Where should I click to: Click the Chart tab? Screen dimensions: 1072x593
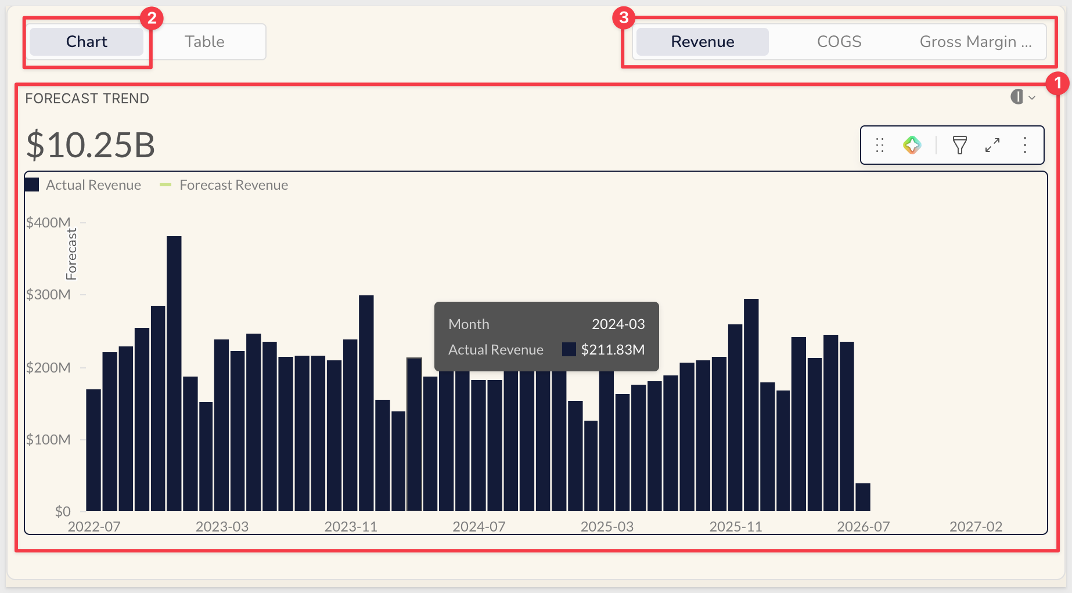(87, 42)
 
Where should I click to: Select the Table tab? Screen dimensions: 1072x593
(204, 42)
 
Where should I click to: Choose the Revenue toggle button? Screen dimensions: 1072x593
(703, 42)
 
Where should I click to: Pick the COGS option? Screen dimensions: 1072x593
(839, 42)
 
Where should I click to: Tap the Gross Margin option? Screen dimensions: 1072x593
(976, 42)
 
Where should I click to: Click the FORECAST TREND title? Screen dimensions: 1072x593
(87, 99)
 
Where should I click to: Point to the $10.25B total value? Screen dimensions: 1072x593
(91, 144)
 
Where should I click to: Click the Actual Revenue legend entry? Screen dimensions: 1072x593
(83, 185)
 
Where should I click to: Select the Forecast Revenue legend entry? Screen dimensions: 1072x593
(224, 185)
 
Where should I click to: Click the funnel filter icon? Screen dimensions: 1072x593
(960, 145)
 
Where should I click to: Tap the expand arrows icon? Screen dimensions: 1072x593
(992, 145)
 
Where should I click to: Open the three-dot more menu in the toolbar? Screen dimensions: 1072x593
(1025, 145)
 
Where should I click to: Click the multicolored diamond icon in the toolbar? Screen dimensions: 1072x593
(912, 145)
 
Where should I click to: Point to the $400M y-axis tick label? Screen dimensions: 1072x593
(48, 222)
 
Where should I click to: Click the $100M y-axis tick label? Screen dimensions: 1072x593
(48, 439)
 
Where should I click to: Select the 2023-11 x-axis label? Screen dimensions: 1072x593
(351, 527)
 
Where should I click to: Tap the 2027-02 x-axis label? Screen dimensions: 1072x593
(976, 527)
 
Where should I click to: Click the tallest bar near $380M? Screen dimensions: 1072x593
(174, 374)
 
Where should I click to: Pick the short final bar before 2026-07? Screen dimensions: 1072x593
(863, 497)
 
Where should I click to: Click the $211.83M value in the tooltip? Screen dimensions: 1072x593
(613, 350)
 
